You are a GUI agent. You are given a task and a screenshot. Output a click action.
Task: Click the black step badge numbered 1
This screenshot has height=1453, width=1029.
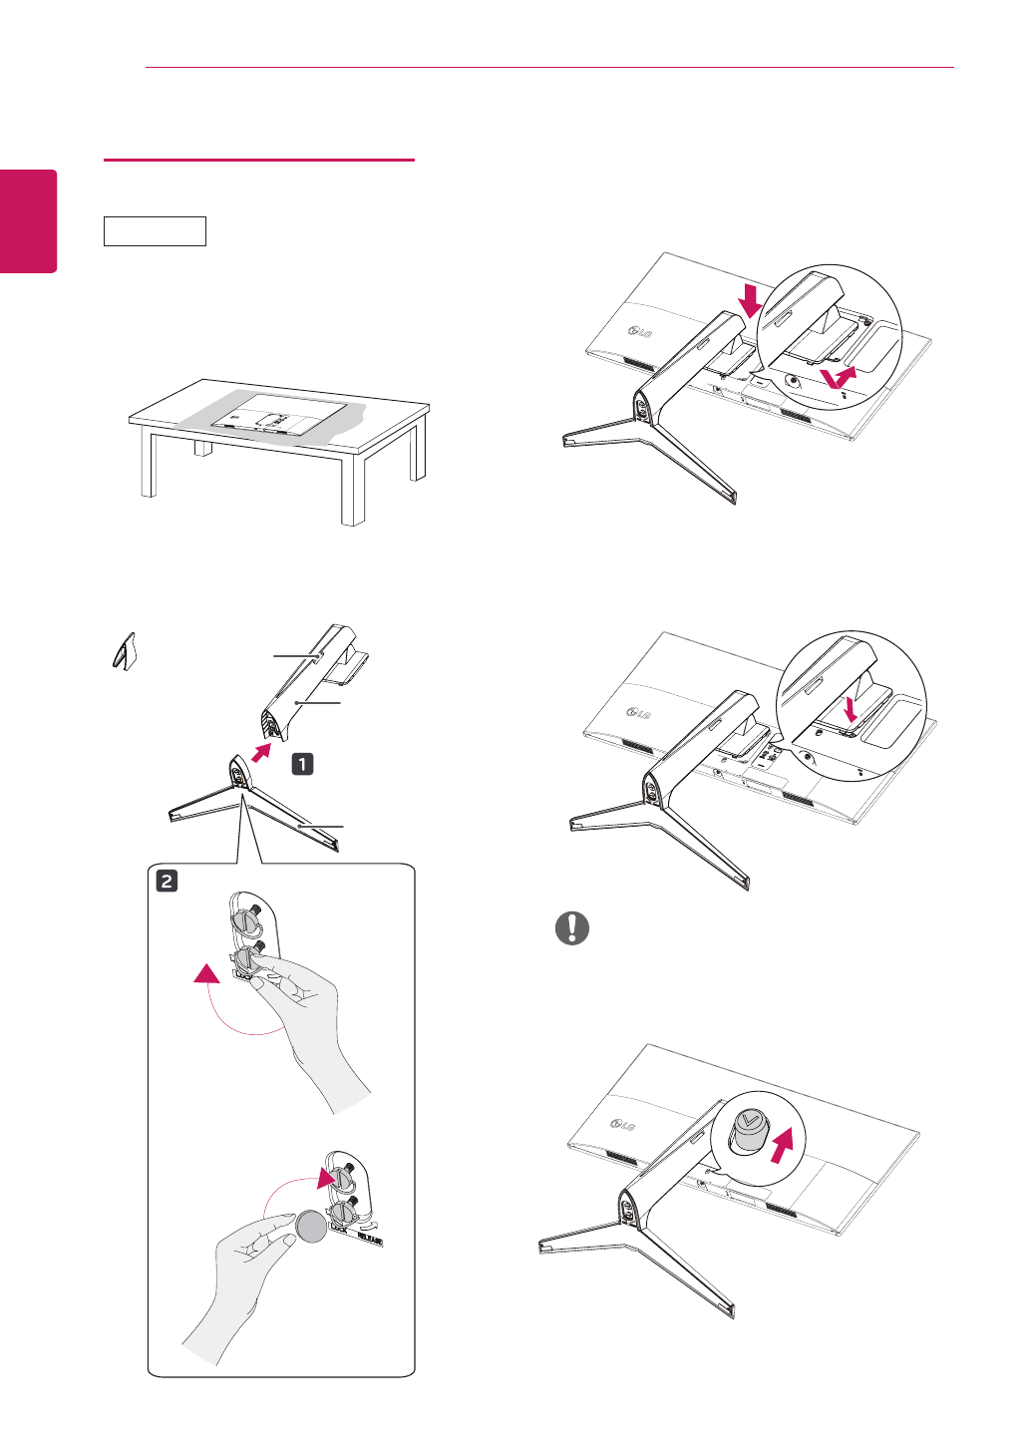coord(302,764)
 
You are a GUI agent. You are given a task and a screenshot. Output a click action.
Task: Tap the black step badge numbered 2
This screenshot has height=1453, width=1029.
coord(167,881)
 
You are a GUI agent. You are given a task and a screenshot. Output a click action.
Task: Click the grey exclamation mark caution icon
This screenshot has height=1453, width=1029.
coord(572,928)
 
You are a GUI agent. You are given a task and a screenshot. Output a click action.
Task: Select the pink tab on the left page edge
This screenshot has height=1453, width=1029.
coord(29,220)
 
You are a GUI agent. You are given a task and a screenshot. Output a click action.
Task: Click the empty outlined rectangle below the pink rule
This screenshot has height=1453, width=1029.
coord(155,231)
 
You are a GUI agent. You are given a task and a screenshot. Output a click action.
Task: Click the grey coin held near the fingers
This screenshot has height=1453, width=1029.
coord(312,1226)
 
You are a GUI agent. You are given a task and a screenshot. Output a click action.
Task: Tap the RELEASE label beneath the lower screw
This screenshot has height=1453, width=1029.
coord(368,1238)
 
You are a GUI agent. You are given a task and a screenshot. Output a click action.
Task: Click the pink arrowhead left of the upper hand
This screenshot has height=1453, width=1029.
coord(206,973)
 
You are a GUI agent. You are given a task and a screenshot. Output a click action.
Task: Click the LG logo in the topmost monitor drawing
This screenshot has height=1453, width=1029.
coord(638,331)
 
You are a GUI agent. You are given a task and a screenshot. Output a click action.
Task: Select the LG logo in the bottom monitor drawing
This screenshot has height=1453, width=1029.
coord(621,1126)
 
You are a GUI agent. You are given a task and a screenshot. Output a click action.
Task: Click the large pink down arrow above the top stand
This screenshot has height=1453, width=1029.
coord(752,297)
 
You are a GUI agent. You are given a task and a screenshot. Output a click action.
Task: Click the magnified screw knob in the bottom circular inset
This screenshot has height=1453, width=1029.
coord(748,1131)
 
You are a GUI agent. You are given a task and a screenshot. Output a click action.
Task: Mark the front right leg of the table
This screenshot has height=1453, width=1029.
coord(353,493)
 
